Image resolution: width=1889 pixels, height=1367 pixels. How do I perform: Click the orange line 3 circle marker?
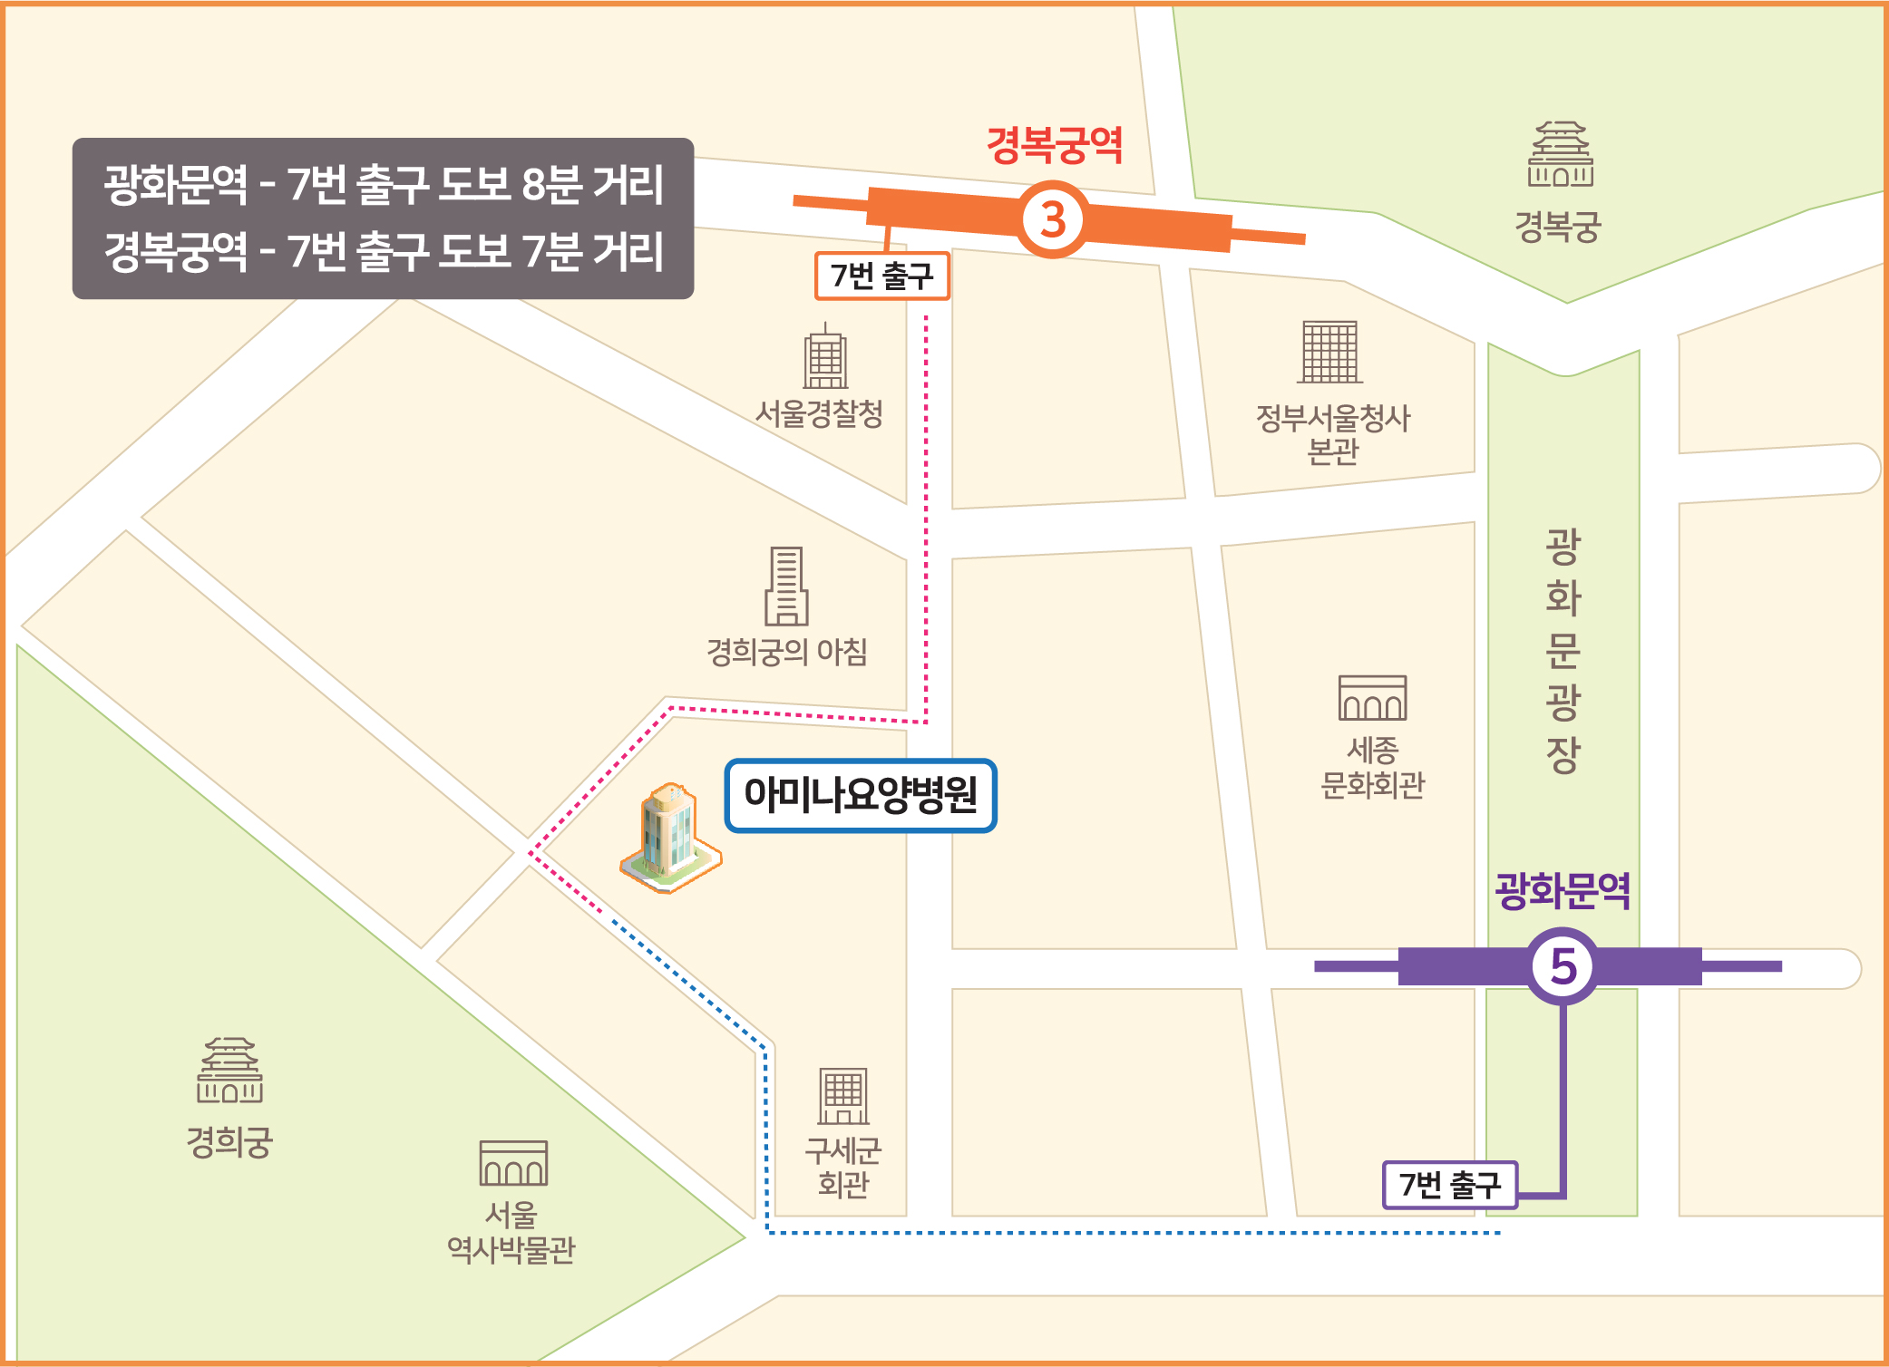(x=1052, y=219)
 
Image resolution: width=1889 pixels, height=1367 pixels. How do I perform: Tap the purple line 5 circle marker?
(x=1563, y=966)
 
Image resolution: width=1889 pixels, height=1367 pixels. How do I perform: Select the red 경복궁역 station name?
(x=1055, y=145)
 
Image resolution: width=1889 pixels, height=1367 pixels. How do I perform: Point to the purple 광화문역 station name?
(x=1563, y=890)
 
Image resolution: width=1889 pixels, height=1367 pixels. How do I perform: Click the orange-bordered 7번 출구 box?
(x=882, y=276)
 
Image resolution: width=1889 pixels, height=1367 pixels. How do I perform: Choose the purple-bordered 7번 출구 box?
(x=1450, y=1185)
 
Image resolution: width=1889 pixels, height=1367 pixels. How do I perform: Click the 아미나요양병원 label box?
(x=861, y=795)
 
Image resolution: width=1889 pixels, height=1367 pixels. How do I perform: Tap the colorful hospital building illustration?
(x=670, y=839)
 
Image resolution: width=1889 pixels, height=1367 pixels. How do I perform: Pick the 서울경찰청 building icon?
(x=825, y=358)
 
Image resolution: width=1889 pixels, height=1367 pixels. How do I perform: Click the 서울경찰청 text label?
(x=819, y=414)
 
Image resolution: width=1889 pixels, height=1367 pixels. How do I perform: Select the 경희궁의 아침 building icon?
(x=786, y=587)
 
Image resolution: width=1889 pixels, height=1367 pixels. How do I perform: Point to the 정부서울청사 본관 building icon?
(x=1330, y=352)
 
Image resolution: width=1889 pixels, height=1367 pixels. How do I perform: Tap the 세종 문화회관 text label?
(x=1372, y=767)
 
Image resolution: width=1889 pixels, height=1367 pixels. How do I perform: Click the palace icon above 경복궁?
(x=1560, y=155)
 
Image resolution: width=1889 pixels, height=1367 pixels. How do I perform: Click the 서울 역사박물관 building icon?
(x=513, y=1163)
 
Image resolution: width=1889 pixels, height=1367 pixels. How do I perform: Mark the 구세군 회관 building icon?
(x=843, y=1096)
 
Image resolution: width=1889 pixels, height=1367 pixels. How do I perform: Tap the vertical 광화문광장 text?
(x=1563, y=650)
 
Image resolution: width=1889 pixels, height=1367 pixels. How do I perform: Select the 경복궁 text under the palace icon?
(x=1558, y=227)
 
